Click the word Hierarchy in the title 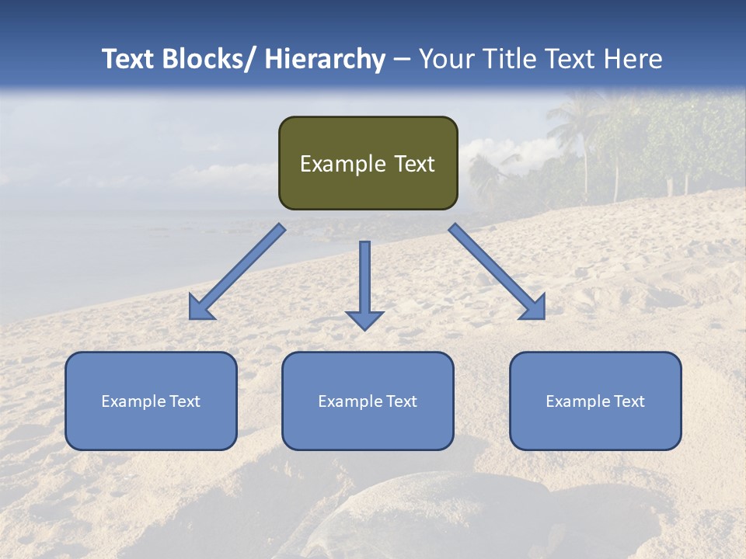(325, 59)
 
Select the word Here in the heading (636, 59)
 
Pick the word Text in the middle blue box (401, 401)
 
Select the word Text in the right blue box (629, 401)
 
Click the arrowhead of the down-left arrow (200, 308)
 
